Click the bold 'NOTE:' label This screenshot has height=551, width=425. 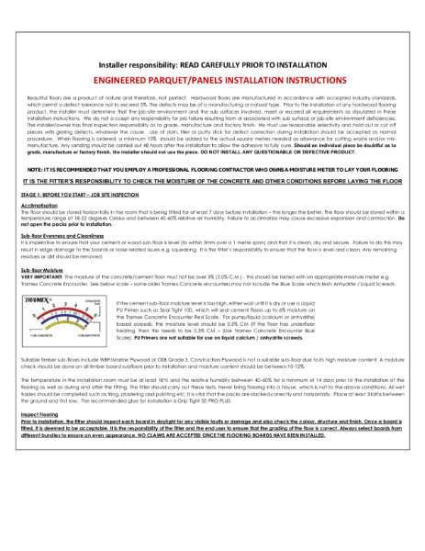[35, 171]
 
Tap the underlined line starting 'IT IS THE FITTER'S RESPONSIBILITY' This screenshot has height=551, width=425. [212, 181]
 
